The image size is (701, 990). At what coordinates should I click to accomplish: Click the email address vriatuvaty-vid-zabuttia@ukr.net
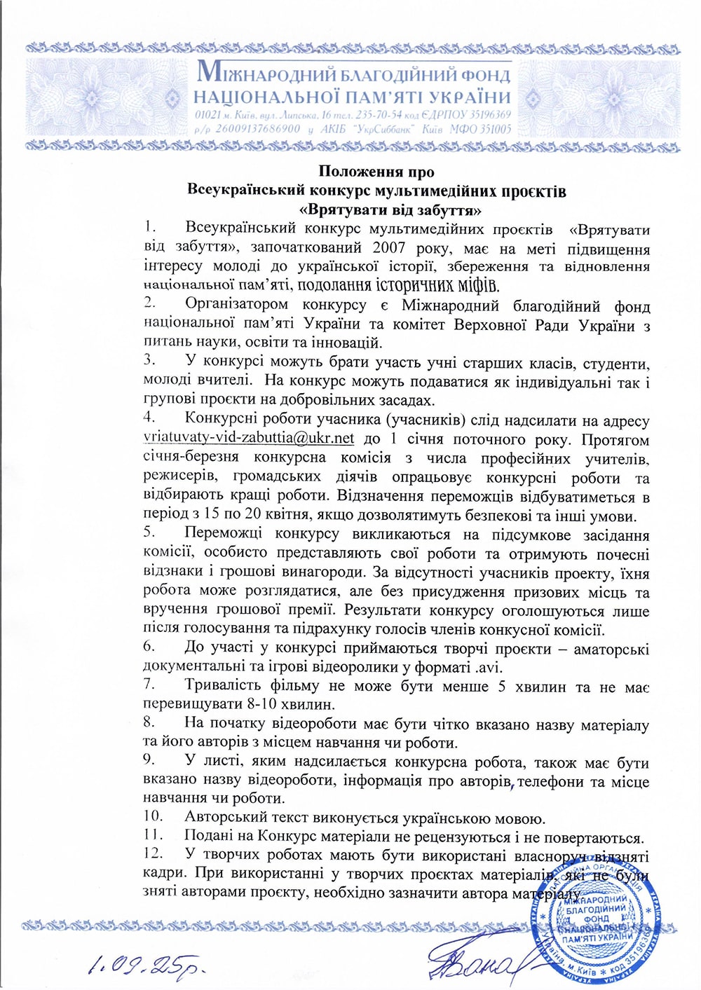point(248,439)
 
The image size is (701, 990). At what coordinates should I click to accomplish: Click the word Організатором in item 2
point(236,305)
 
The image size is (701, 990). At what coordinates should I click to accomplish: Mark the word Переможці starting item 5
point(224,535)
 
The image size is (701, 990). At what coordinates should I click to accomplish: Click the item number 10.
point(153,816)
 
